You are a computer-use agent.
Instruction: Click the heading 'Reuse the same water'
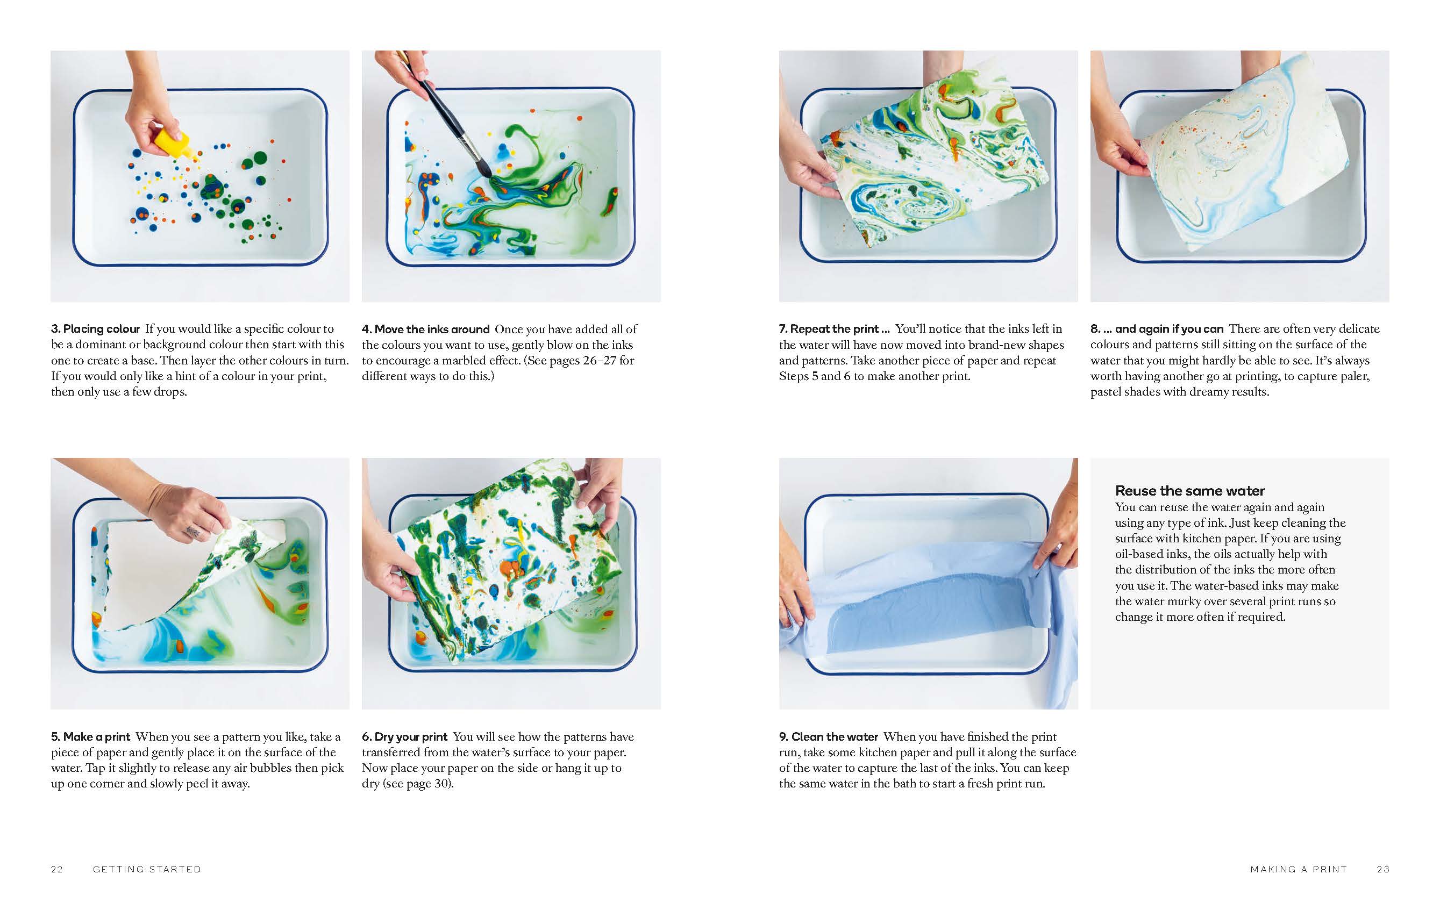point(1189,491)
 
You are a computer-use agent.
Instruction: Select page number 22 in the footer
point(57,869)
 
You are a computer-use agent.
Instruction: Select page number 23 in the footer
point(1382,869)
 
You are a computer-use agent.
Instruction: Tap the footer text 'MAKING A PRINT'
point(1298,869)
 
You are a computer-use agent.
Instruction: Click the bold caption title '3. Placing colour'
point(95,329)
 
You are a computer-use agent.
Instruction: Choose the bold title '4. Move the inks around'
point(426,329)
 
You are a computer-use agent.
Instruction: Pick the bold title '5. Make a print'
point(90,736)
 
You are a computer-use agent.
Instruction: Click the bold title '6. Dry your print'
point(405,736)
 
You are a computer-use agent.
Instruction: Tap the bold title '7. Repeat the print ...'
point(834,329)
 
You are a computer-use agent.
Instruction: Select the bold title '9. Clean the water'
point(828,736)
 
